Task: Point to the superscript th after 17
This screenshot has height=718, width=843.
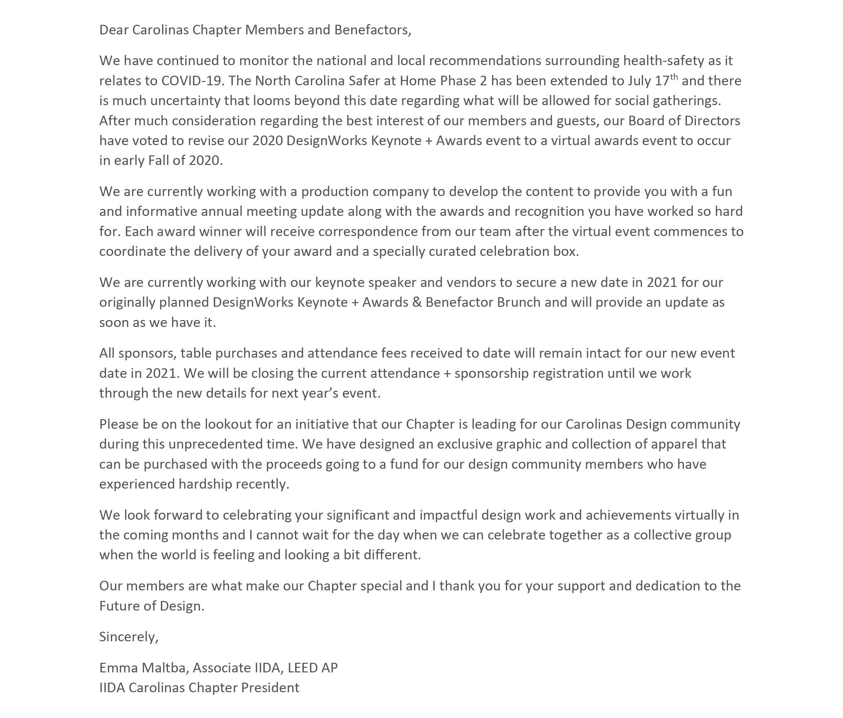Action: tap(674, 77)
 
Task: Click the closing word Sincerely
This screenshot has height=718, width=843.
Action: tap(128, 637)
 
